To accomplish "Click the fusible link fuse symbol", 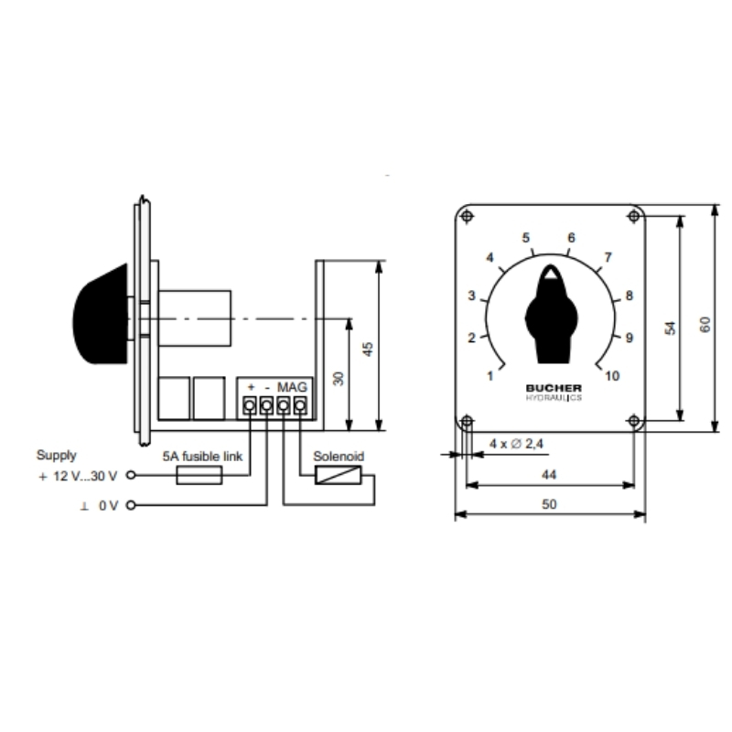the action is (x=199, y=476).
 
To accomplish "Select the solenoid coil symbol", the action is (x=338, y=475).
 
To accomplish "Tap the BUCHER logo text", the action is (x=554, y=388).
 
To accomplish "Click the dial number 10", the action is (x=612, y=376).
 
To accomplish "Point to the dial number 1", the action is (x=490, y=376).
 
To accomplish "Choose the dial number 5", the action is (x=525, y=238).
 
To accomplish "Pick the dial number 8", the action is (x=629, y=296).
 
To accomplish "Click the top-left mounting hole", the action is (x=467, y=216).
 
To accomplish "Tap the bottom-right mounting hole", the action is (x=633, y=421).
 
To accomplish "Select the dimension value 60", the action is (x=705, y=325).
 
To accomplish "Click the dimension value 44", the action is (x=549, y=475).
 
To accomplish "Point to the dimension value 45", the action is (x=369, y=350).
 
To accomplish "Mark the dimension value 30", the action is (x=339, y=378).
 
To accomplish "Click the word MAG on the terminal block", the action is (x=292, y=387).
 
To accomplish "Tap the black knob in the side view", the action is (x=100, y=314).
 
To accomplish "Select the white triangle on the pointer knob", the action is (x=551, y=273).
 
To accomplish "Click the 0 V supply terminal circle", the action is (x=131, y=505).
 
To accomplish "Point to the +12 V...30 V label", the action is (x=78, y=476).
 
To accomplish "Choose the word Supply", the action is (x=56, y=455).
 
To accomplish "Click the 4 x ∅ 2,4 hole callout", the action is (x=516, y=444).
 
